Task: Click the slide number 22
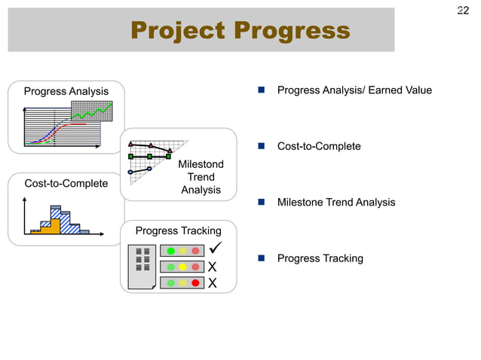click(463, 11)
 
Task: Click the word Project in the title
click(177, 31)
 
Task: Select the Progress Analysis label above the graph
click(66, 92)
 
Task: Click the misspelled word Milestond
click(201, 164)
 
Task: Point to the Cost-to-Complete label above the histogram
click(66, 183)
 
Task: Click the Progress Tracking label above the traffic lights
click(178, 230)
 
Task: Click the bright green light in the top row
click(171, 251)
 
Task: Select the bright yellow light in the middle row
click(183, 267)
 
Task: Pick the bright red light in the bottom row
click(195, 283)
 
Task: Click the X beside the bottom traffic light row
click(213, 283)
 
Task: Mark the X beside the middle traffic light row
click(213, 267)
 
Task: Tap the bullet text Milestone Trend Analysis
click(335, 203)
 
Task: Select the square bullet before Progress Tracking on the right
click(260, 258)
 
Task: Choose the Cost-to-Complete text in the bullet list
click(319, 146)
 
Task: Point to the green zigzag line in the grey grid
click(92, 114)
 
